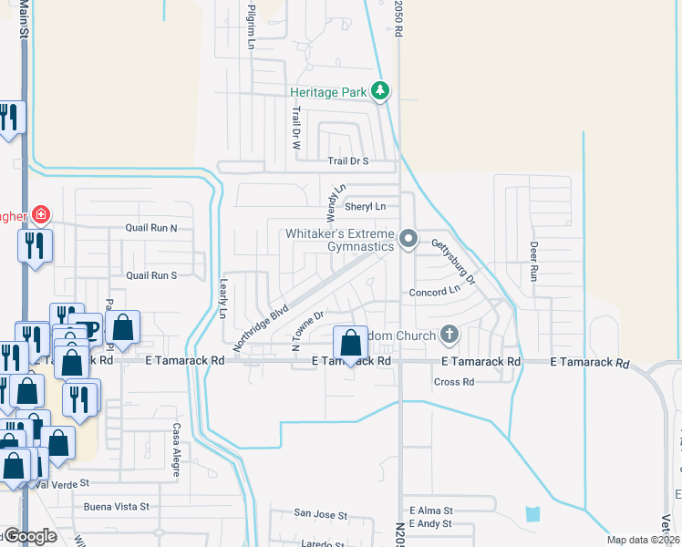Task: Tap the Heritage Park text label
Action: point(328,92)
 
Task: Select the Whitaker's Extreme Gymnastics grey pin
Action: point(409,240)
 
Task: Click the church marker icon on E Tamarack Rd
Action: point(449,335)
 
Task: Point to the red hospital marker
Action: point(40,215)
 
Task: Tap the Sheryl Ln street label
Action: point(368,207)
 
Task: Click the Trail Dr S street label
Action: point(348,161)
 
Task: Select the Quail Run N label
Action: point(151,228)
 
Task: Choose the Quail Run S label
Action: point(151,274)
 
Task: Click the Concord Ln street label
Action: point(435,291)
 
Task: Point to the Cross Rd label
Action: point(454,382)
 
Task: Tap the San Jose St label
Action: point(320,515)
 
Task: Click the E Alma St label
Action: point(430,511)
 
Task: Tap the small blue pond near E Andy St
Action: point(532,514)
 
